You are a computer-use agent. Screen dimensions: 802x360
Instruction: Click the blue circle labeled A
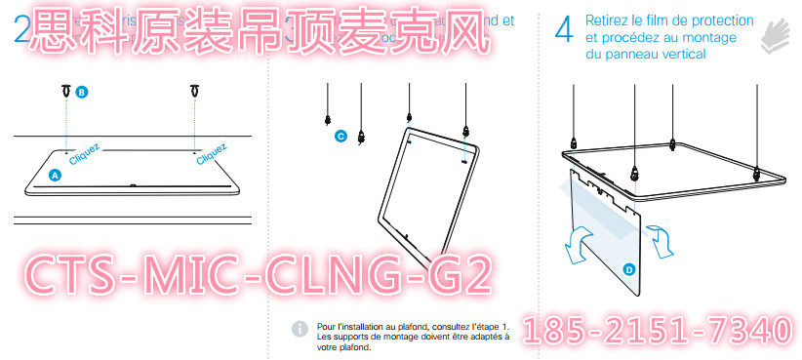pos(55,175)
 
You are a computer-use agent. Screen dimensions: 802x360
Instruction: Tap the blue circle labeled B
pos(81,92)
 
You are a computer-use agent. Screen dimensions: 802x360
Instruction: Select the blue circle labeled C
pos(341,137)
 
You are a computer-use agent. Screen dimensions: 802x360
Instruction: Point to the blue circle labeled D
pos(629,267)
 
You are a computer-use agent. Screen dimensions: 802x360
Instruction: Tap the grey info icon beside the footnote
pos(299,329)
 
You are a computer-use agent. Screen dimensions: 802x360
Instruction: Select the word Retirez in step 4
pos(609,20)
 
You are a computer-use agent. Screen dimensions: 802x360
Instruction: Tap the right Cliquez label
pos(212,153)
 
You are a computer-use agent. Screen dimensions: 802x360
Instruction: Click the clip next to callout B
pos(64,92)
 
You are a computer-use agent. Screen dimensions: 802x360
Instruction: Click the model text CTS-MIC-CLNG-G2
pos(256,275)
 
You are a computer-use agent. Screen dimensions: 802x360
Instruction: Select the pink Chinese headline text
pos(256,31)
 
